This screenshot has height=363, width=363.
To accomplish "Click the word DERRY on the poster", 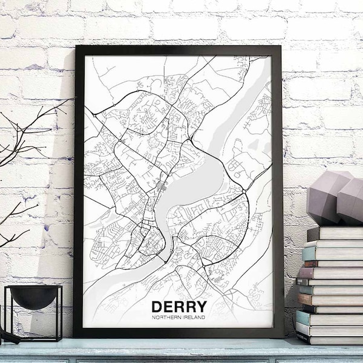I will (x=178, y=307).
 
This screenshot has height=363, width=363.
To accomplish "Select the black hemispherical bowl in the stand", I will (x=34, y=296).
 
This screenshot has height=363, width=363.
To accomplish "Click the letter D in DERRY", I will (x=157, y=307).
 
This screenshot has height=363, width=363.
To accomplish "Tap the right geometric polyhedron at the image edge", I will (x=351, y=200).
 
